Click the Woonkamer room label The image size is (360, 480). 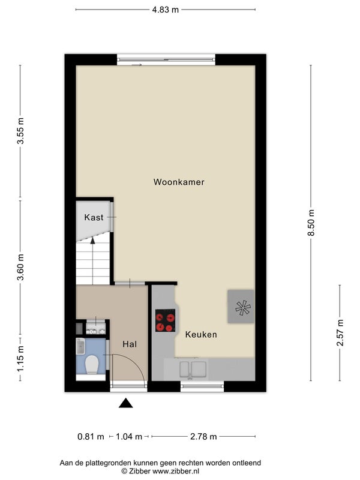179,182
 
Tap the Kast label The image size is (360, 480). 94,217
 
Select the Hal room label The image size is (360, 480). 130,344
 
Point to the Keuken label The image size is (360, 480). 201,334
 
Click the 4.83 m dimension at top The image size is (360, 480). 166,10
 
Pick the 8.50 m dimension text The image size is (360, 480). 311,223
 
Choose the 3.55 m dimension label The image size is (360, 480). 20,131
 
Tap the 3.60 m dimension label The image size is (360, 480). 20,267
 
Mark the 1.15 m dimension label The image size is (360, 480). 20,359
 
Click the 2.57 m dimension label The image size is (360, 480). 340,332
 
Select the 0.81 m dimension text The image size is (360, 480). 91,437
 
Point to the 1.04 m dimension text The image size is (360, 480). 129,437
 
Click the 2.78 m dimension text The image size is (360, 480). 203,437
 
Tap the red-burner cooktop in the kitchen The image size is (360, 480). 166,320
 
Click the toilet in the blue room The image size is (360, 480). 92,364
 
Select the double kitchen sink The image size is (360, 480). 193,369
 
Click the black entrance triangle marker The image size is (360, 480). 126,403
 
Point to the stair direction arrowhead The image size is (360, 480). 93,241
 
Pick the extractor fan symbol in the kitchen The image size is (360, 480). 243,308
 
